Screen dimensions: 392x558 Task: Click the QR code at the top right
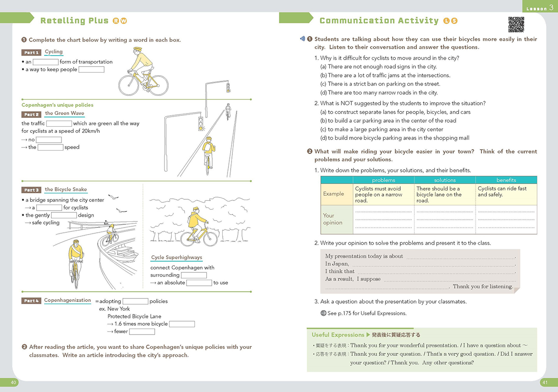(x=516, y=24)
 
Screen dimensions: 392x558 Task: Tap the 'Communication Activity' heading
(x=379, y=20)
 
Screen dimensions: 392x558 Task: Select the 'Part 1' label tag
(x=31, y=53)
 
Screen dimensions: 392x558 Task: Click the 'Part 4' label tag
(x=31, y=301)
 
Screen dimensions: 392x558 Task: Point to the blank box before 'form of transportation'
(x=45, y=62)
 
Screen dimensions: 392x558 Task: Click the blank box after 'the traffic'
(x=59, y=124)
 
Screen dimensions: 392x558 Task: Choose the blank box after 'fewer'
(x=142, y=332)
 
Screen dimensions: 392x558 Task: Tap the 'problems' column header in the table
(x=384, y=180)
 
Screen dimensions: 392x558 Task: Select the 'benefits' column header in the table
(x=506, y=180)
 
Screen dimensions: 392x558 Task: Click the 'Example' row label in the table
(x=333, y=194)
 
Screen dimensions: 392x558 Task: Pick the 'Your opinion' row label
(x=333, y=219)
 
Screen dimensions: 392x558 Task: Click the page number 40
(x=14, y=382)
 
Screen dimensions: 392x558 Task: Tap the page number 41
(x=544, y=382)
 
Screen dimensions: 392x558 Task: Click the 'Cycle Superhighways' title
(x=177, y=258)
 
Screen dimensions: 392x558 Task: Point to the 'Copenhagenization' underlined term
(x=68, y=301)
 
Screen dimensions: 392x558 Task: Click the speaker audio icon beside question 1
(x=303, y=39)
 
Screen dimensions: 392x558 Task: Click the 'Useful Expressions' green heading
(x=338, y=335)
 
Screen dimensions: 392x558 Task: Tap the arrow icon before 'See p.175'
(x=323, y=313)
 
